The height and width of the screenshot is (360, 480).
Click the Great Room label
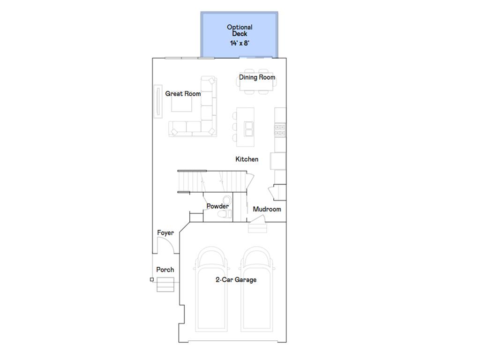pos(183,94)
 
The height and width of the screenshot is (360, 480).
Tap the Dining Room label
pos(257,77)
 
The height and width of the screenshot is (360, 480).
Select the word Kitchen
pos(247,159)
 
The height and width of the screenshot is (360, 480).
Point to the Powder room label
pos(217,206)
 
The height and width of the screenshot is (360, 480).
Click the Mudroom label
pos(267,209)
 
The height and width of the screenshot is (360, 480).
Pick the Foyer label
pos(165,233)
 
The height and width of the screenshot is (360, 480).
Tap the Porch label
pos(165,270)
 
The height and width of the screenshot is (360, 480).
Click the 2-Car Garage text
pos(236,280)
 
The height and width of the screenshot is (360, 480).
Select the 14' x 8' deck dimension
pos(240,43)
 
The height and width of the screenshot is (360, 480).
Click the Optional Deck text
pos(240,30)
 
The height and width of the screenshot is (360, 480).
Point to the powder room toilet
pos(225,208)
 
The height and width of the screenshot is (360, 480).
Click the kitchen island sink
pos(248,128)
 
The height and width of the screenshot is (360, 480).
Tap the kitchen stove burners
pos(280,130)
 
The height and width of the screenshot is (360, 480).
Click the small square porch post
pos(152,279)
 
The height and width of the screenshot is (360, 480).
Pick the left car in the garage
pos(211,289)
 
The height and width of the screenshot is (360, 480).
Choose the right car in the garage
pos(256,289)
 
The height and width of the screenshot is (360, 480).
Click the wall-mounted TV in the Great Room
pos(158,101)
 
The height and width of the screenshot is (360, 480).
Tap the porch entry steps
pos(165,285)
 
